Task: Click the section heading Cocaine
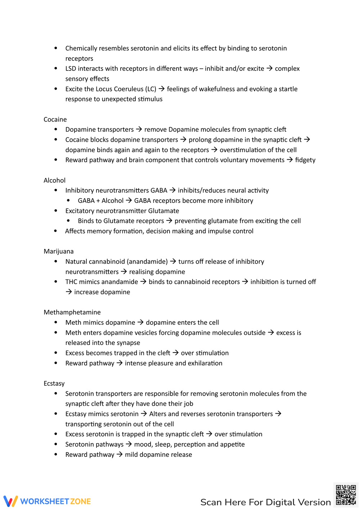coord(55,119)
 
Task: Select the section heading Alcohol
coord(54,180)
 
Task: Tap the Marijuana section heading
coord(58,251)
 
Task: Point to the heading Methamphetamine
coord(72,312)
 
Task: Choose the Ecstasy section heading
coord(54,383)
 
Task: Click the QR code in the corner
coord(346,495)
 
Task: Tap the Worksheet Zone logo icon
coord(10,501)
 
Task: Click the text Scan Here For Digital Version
coord(265,502)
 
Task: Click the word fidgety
coord(305,160)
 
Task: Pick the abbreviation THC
coord(71,282)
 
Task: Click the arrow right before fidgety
coord(290,160)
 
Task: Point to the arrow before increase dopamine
coord(69,292)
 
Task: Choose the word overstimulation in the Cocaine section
coord(258,150)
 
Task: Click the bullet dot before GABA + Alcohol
coord(68,200)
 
